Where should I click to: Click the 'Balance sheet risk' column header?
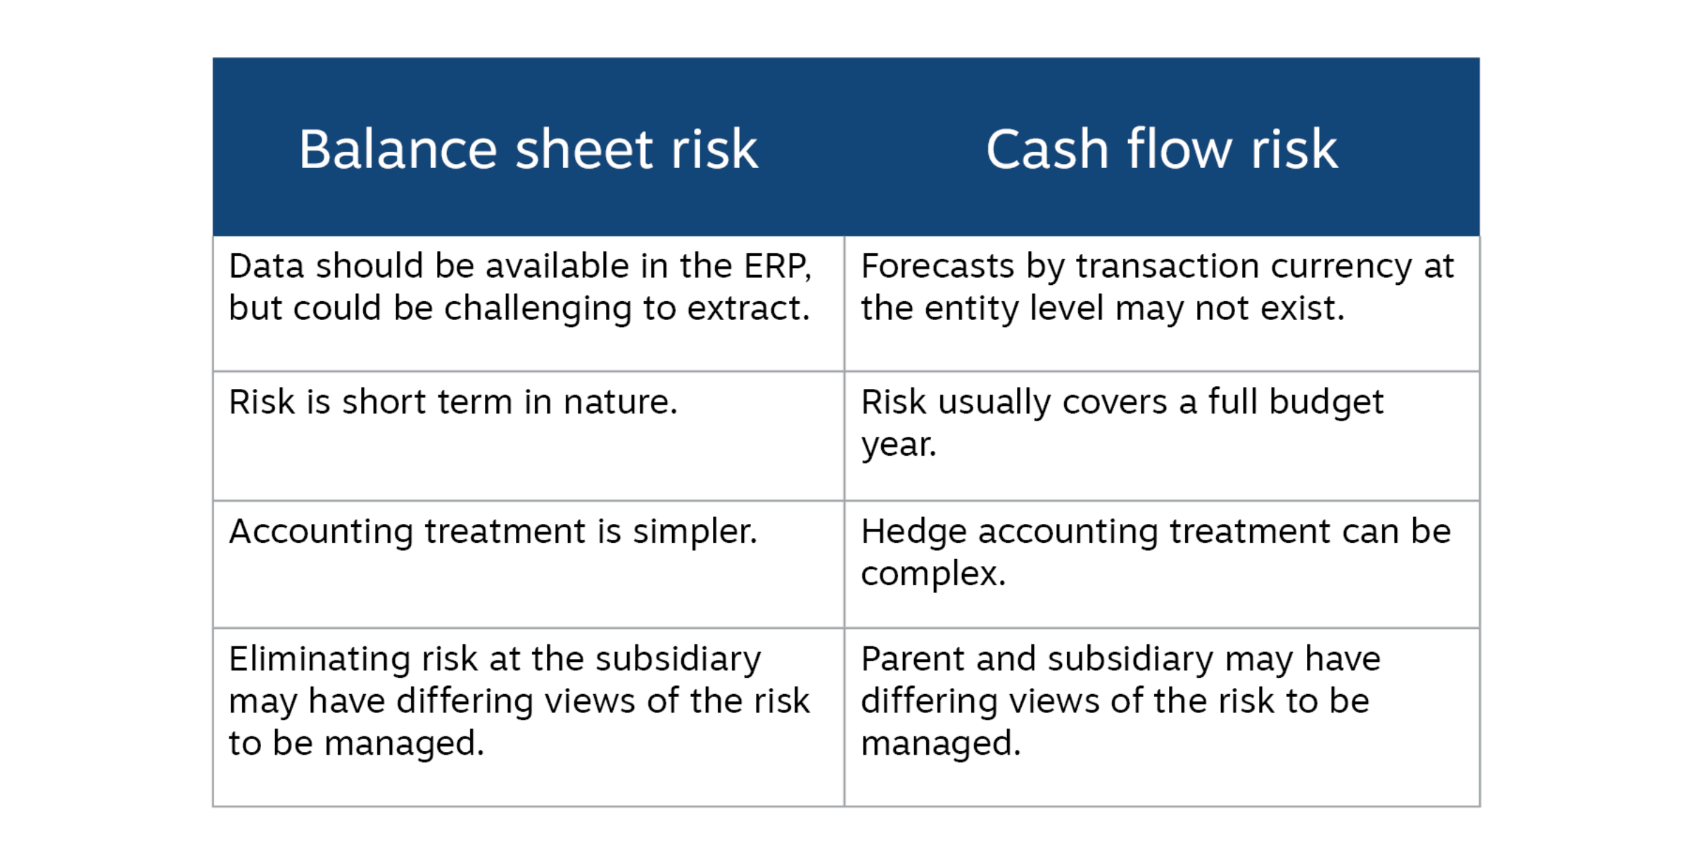528,149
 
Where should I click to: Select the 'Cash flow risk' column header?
1161,149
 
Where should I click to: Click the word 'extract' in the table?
746,309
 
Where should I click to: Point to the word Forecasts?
937,267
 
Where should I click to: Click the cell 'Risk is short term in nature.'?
453,402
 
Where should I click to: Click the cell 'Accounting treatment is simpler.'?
493,532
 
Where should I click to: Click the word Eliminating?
320,660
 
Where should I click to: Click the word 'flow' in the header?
1179,149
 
